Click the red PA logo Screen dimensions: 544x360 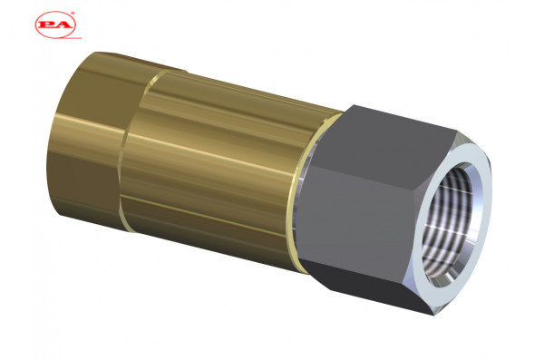pyautogui.click(x=55, y=24)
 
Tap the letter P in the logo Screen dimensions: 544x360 pyautogui.click(x=47, y=25)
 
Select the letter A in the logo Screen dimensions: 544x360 pyautogui.click(x=64, y=25)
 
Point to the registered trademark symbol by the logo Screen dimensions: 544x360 pyautogui.click(x=73, y=14)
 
